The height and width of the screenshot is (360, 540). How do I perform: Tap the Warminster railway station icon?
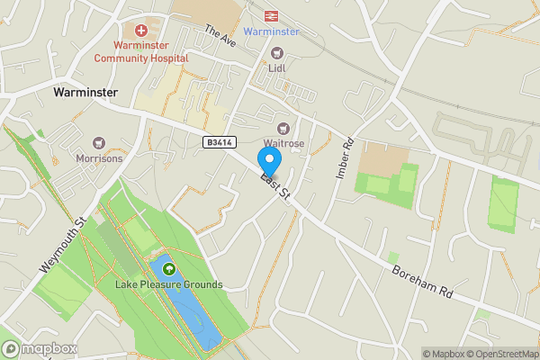click(271, 15)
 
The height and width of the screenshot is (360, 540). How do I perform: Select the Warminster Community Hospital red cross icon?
click(141, 31)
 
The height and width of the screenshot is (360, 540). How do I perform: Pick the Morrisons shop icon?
click(99, 143)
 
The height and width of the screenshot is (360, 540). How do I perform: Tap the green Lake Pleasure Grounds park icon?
click(168, 269)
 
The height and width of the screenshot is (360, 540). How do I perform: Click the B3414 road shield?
click(219, 142)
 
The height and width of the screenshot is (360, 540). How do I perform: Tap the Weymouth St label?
click(62, 245)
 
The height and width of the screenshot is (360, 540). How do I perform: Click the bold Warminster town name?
click(86, 92)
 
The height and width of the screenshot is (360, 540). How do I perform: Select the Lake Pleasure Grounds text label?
click(168, 284)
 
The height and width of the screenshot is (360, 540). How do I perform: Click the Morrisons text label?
click(99, 158)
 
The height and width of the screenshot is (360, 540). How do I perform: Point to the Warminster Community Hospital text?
click(141, 51)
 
